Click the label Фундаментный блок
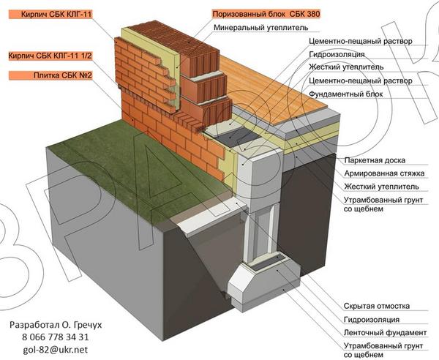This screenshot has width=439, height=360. (344, 93)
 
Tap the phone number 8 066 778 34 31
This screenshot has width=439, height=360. (50, 337)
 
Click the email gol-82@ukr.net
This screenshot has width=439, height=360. (50, 350)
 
